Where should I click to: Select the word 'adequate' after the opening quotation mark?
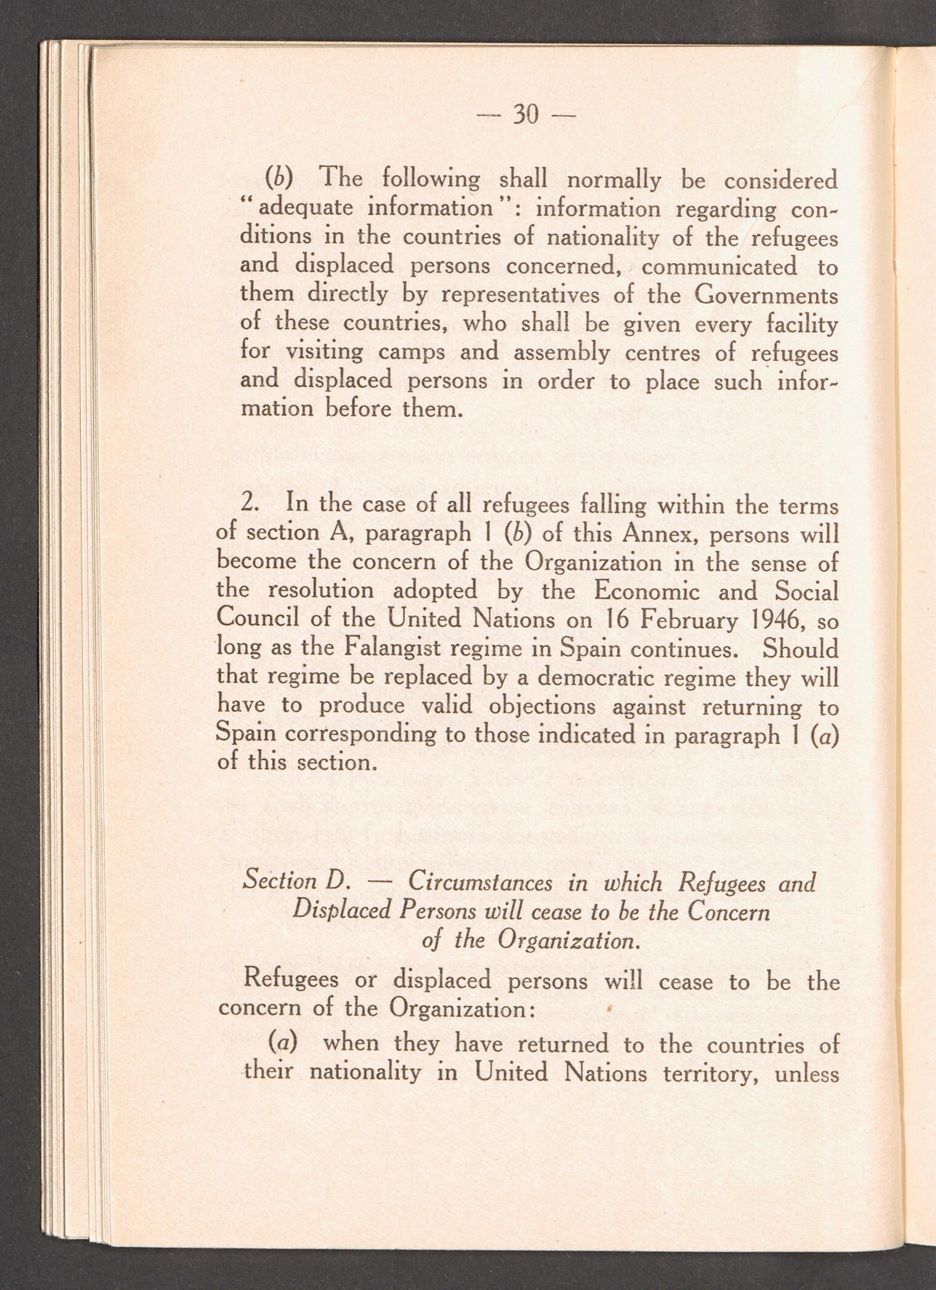[x=302, y=208]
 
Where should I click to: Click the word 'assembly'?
[x=562, y=353]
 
